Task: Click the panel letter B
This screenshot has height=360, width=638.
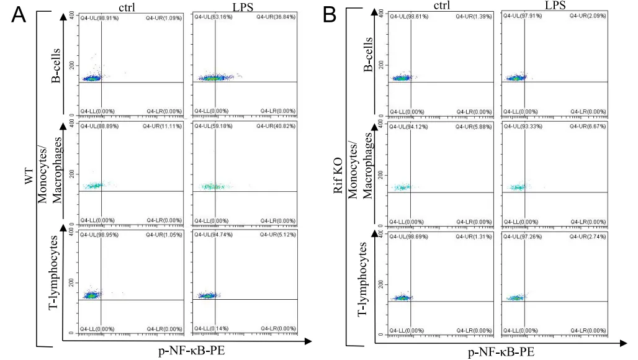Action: coord(330,14)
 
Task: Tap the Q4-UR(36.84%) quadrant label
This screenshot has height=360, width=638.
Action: coord(276,18)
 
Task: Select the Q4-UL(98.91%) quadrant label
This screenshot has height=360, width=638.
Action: coord(99,18)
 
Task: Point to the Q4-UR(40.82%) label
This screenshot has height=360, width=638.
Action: coord(276,126)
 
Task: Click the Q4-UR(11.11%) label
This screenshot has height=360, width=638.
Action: coord(163,126)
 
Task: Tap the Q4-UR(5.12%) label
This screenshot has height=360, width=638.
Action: coord(277,235)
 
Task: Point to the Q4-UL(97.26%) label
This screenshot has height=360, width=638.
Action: coord(523,236)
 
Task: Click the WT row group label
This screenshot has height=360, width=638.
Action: coord(28,181)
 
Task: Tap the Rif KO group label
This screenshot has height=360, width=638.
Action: coord(338,179)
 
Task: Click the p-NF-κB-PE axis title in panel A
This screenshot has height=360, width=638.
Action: coord(190,351)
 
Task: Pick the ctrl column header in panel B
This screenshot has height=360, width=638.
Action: coord(442,6)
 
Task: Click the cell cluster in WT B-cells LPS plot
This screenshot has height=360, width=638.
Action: coord(214,78)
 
